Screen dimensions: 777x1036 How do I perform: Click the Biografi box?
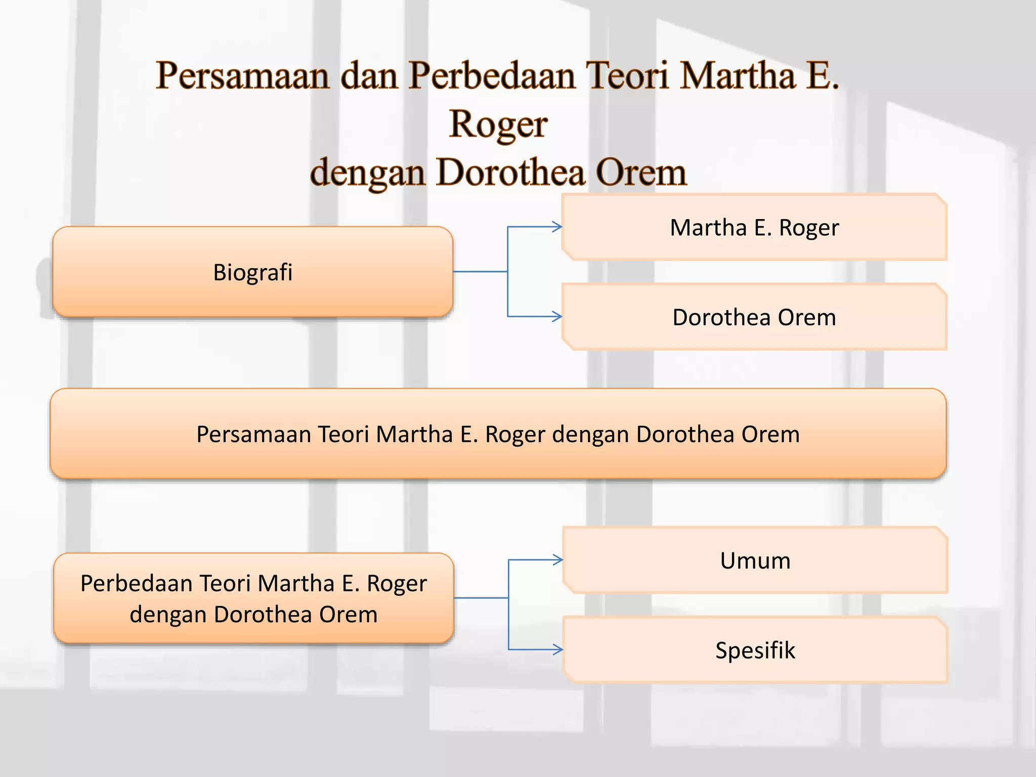tap(252, 272)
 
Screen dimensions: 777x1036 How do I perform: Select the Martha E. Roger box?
tap(754, 228)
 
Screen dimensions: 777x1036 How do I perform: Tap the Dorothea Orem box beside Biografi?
tap(754, 317)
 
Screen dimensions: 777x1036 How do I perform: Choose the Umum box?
tap(755, 560)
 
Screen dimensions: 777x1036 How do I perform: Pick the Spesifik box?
tap(755, 650)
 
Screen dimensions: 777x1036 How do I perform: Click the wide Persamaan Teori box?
tap(498, 434)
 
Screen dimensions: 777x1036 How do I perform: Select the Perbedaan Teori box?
tap(253, 598)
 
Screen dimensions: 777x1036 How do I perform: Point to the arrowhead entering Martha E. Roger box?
tap(557, 227)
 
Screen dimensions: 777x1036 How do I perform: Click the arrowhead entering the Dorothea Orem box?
tap(557, 317)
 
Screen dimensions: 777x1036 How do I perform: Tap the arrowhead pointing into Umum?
tap(558, 560)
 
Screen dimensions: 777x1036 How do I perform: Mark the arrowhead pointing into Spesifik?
tap(558, 650)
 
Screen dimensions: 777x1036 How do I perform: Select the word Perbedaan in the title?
tap(492, 76)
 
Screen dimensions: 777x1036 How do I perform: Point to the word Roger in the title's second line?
tap(498, 124)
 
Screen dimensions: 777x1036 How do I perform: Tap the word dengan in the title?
tap(367, 173)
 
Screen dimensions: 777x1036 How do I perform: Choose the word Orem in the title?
tap(641, 173)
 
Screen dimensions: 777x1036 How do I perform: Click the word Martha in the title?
tap(738, 76)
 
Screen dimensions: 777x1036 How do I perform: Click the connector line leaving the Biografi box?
tap(480, 272)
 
